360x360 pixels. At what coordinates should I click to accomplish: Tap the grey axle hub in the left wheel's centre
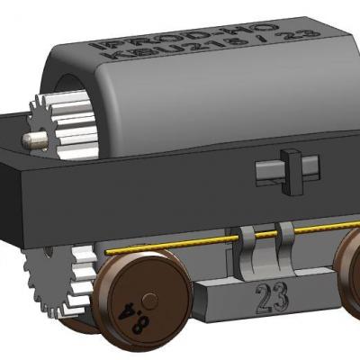click(150, 300)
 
